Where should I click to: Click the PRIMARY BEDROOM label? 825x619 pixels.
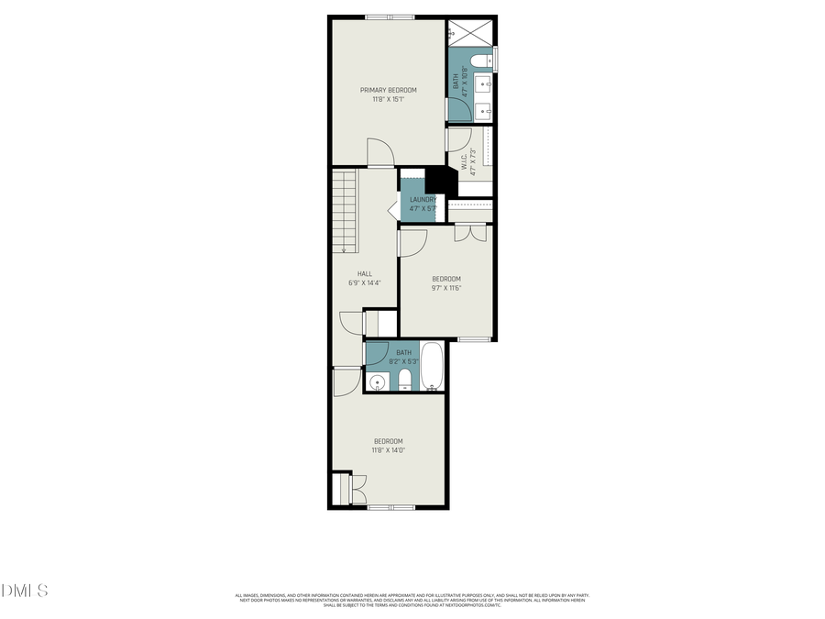pyautogui.click(x=388, y=90)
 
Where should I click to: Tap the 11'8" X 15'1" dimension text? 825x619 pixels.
pyautogui.click(x=388, y=99)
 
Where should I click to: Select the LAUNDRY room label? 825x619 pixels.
pyautogui.click(x=423, y=199)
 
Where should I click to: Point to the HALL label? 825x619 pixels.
pyautogui.click(x=364, y=273)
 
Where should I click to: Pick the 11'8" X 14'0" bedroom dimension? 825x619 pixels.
pyautogui.click(x=388, y=450)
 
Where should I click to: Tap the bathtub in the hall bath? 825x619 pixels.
pyautogui.click(x=432, y=367)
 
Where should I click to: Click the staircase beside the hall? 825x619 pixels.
pyautogui.click(x=344, y=211)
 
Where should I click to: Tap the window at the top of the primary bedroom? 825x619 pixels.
pyautogui.click(x=390, y=17)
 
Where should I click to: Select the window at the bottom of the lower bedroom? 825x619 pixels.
pyautogui.click(x=390, y=506)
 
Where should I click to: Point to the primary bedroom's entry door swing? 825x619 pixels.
pyautogui.click(x=379, y=153)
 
